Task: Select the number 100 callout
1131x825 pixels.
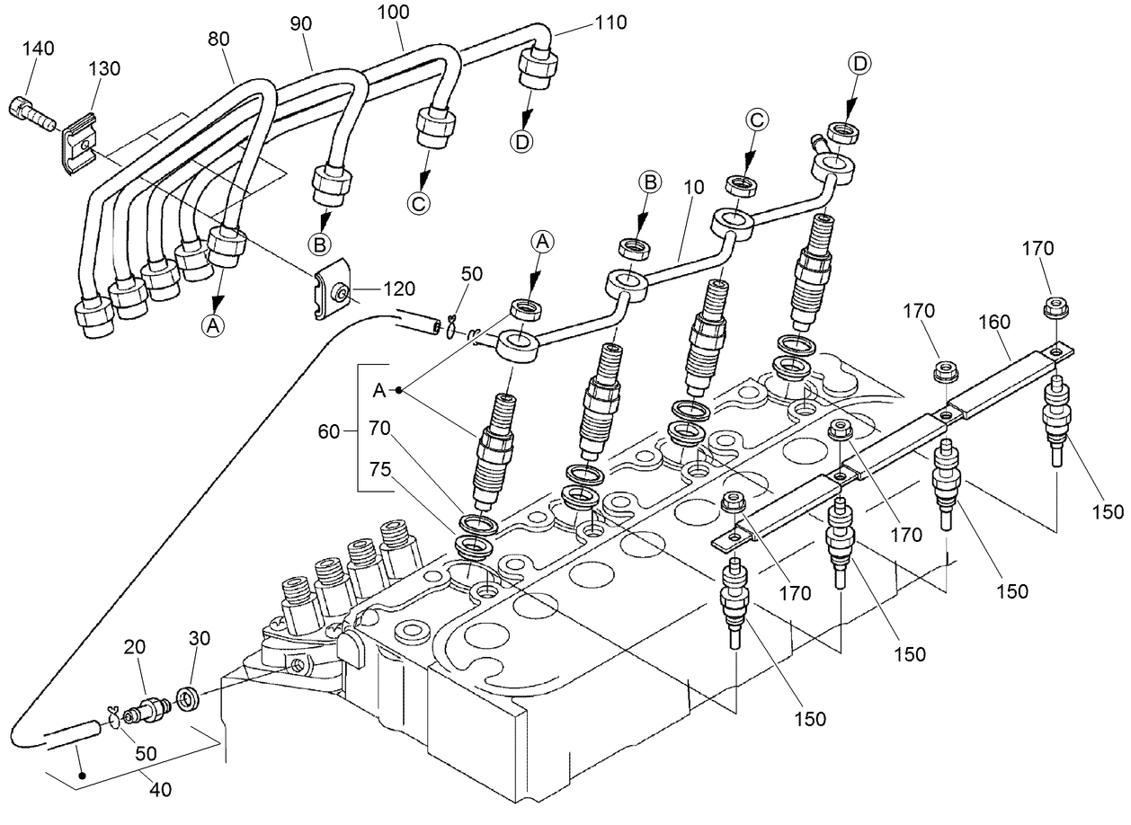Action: click(x=394, y=12)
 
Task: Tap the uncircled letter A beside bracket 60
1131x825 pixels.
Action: click(x=378, y=390)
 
